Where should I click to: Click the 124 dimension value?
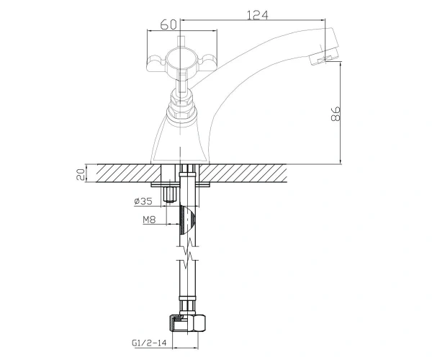click(257, 15)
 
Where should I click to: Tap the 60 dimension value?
click(168, 25)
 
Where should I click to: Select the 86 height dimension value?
click(336, 114)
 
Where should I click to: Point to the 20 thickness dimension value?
click(81, 174)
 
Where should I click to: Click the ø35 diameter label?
click(143, 202)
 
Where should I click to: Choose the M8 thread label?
click(149, 220)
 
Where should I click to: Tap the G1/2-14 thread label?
click(149, 343)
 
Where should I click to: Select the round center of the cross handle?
click(180, 58)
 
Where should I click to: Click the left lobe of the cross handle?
click(156, 63)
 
